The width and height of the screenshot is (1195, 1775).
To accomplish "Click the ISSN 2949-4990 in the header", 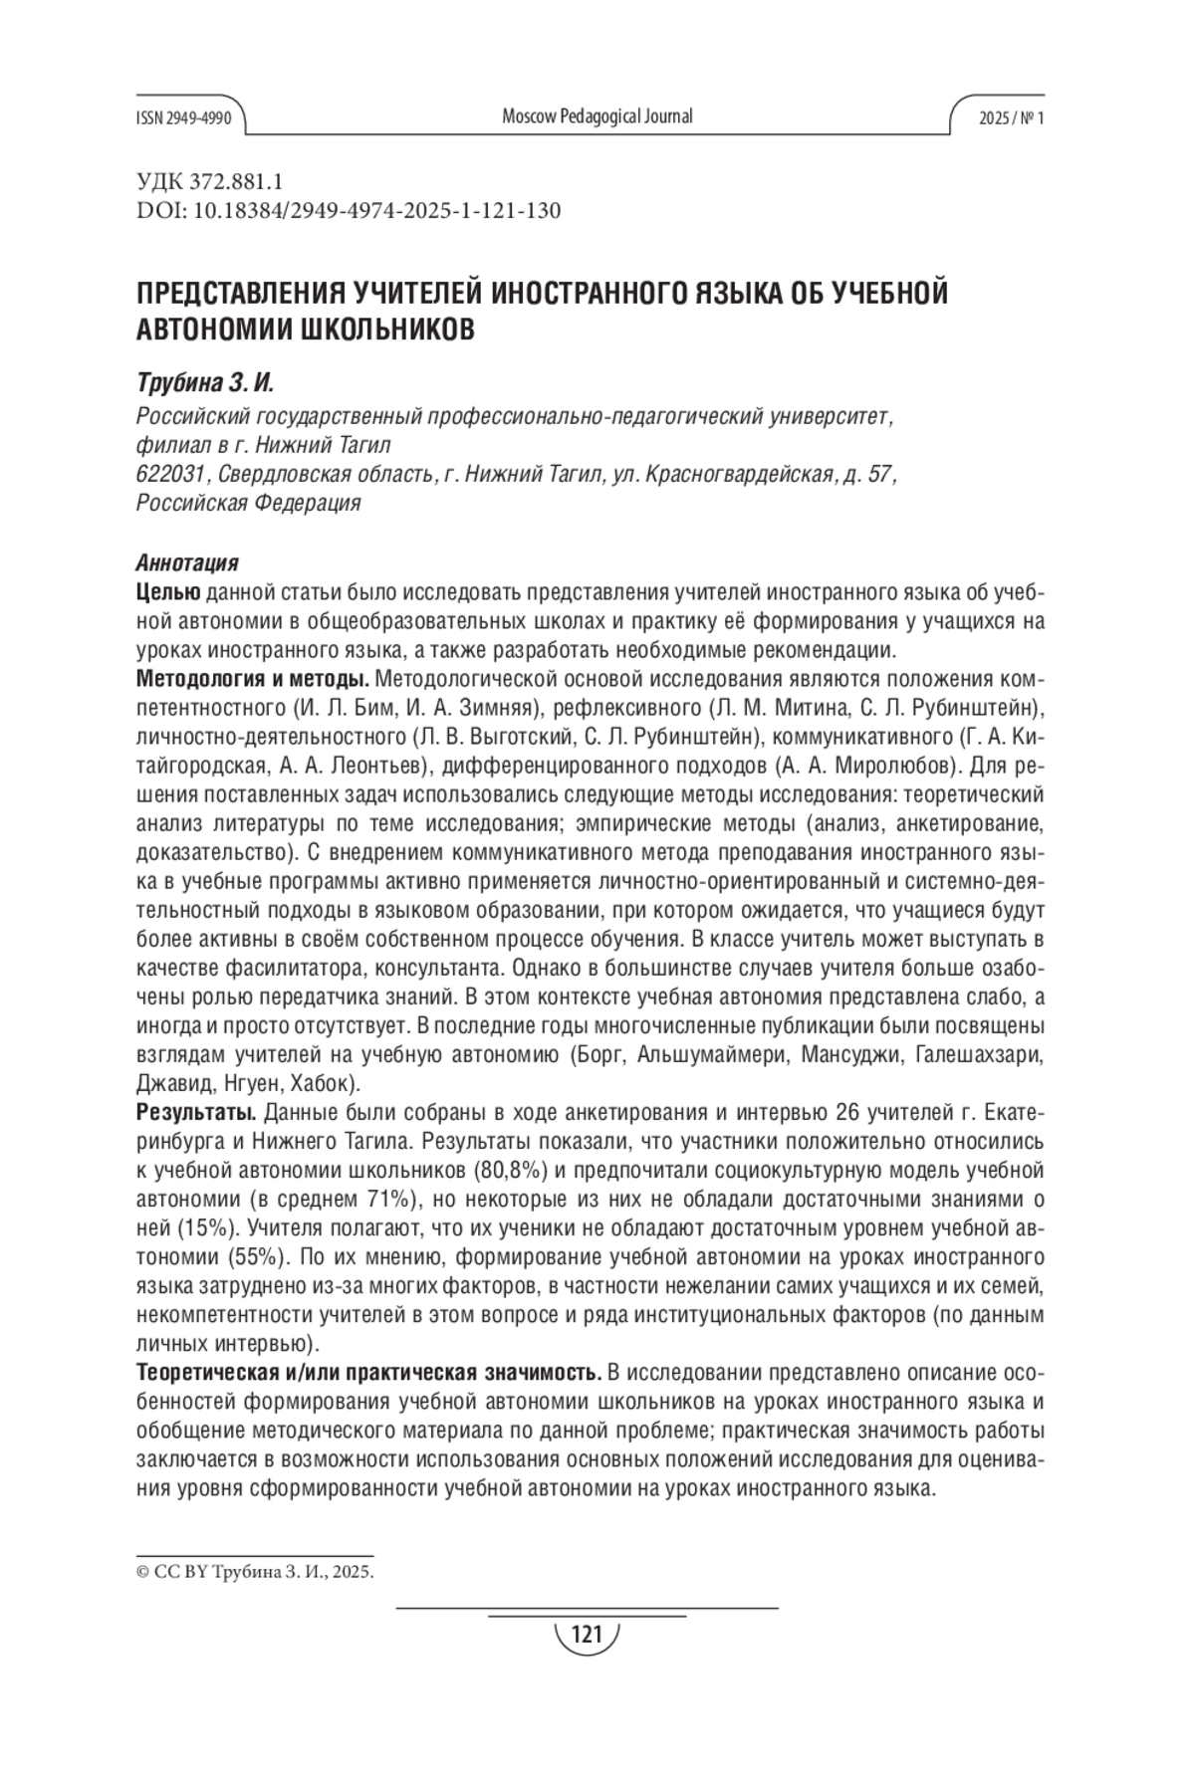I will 183,117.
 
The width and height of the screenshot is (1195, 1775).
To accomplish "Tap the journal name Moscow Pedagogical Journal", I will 597,116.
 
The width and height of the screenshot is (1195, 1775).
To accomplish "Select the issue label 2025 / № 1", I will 1011,117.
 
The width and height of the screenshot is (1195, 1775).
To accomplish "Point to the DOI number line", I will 349,211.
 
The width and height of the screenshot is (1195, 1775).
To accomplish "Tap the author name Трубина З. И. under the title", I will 203,383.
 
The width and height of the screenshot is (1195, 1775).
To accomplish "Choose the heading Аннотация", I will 186,563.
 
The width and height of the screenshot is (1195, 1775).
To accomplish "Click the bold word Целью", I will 166,593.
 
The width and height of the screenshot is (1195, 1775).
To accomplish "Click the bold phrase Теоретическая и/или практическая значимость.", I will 368,1373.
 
